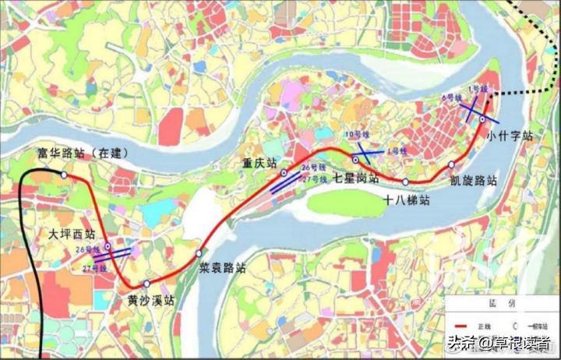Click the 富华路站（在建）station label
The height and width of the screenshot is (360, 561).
[x=83, y=153]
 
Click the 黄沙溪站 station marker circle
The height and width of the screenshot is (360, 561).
[x=146, y=284]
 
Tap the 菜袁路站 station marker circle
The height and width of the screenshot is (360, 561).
[x=199, y=252]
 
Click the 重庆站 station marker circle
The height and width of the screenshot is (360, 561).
[x=284, y=172]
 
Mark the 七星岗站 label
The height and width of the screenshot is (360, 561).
[x=356, y=178]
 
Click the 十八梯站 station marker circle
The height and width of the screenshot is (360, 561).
[x=406, y=182]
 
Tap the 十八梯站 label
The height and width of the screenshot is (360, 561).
[x=408, y=199]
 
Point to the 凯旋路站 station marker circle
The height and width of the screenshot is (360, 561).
[x=451, y=164]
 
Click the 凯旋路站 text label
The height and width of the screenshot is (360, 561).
[x=473, y=180]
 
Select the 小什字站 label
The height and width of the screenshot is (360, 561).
[x=511, y=136]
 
